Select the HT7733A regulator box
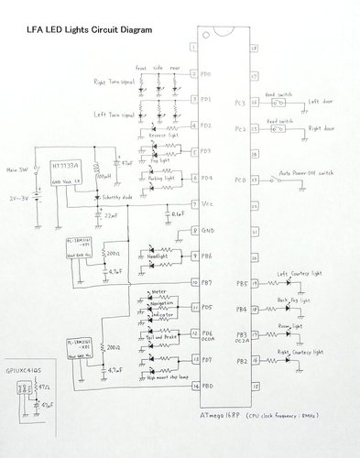click(65, 173)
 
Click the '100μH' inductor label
click(105, 174)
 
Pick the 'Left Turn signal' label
click(116, 115)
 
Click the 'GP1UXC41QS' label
click(25, 362)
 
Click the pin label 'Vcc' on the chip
click(208, 203)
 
